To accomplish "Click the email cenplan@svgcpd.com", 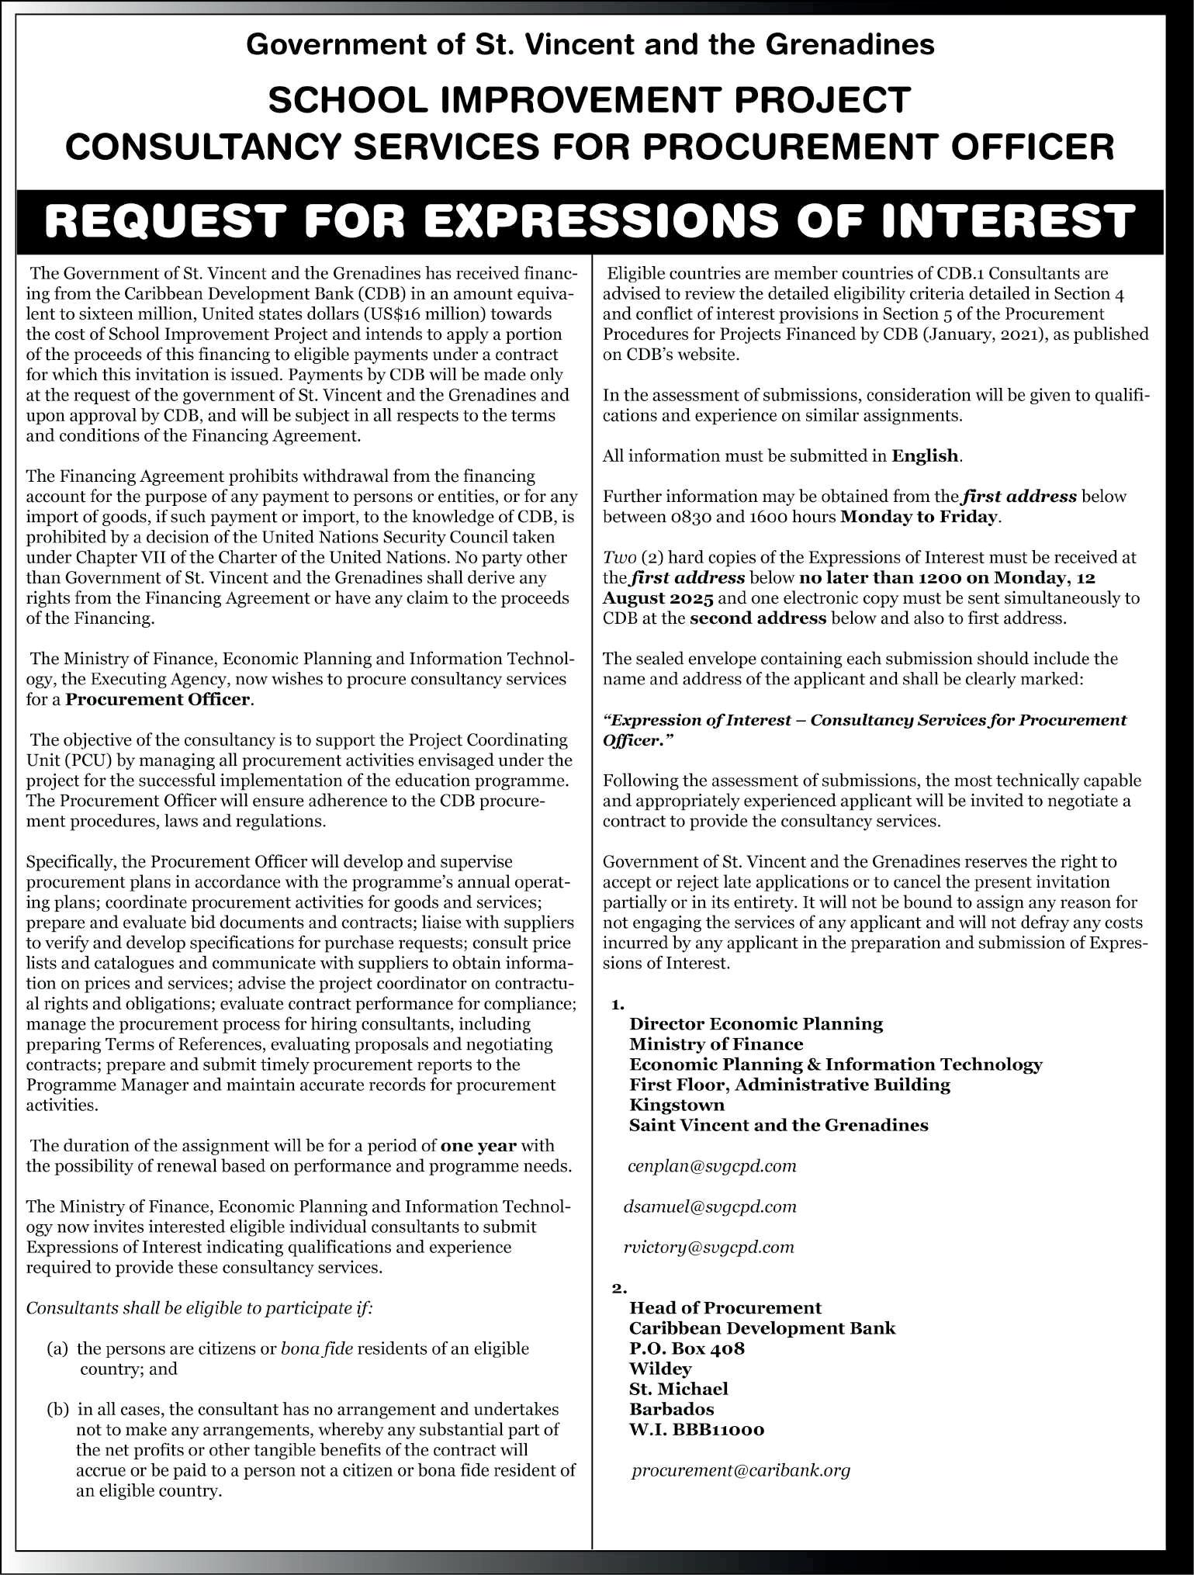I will [x=712, y=1166].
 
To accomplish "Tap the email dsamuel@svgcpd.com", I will [x=710, y=1206].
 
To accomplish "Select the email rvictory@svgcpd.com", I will [x=709, y=1247].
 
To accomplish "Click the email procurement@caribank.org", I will [x=741, y=1470].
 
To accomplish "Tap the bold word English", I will [x=926, y=455].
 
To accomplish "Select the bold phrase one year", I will [x=479, y=1145].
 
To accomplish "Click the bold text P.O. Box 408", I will [x=687, y=1348].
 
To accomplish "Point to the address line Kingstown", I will [x=677, y=1104].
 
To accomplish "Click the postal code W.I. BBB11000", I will [x=697, y=1429].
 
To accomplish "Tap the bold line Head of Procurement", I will [x=725, y=1307].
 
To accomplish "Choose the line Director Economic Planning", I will [x=756, y=1023].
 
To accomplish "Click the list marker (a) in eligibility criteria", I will [x=57, y=1348].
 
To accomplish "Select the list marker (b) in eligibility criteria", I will [x=57, y=1409].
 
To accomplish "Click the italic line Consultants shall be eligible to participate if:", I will [x=199, y=1307].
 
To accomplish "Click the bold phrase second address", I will [x=758, y=618].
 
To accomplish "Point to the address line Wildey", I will [x=660, y=1368].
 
